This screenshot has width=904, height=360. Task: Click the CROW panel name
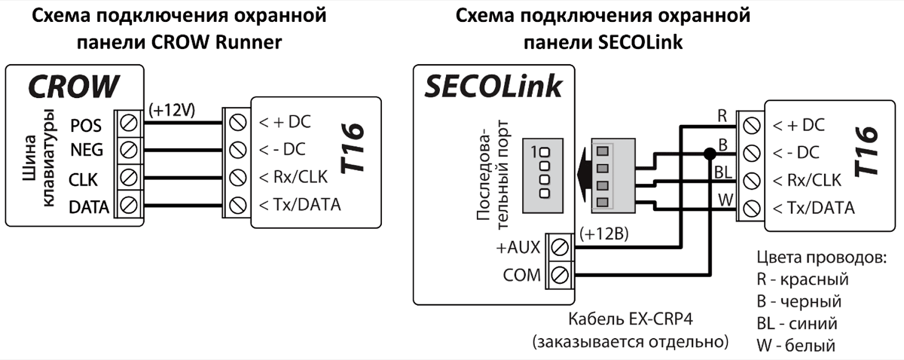[73, 87]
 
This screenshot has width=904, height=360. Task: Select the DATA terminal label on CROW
[89, 206]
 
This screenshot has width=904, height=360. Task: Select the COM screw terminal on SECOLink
[560, 274]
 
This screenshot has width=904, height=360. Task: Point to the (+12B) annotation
[606, 234]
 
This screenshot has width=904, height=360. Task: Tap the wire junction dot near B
[709, 154]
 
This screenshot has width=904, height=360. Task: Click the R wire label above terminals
[722, 115]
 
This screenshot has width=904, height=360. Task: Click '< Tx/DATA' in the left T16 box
[300, 205]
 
